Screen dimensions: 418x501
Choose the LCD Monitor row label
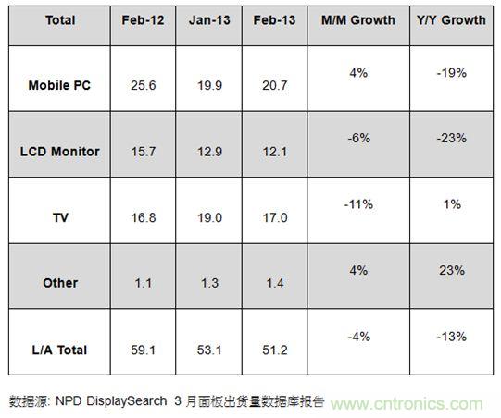(60, 151)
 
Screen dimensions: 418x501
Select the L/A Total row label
(60, 349)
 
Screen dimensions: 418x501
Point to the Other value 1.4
(273, 283)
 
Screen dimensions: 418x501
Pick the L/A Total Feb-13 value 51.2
(273, 349)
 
